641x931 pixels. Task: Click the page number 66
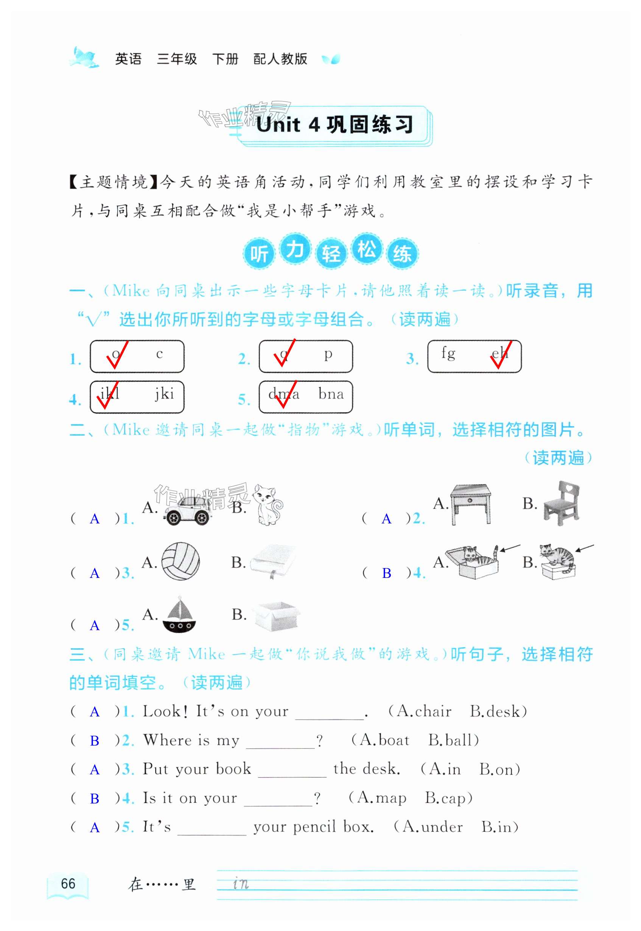(68, 883)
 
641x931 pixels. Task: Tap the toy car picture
(187, 511)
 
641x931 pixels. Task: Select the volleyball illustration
(180, 561)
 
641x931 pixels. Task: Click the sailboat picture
(179, 615)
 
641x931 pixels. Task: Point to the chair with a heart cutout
(562, 504)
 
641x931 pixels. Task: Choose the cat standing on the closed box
(558, 561)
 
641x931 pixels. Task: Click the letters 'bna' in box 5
(331, 394)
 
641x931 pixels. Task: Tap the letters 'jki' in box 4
(165, 394)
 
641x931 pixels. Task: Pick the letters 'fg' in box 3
(448, 353)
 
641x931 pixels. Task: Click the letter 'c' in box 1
(159, 354)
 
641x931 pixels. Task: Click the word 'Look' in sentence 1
(161, 711)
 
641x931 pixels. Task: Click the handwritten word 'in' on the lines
(241, 884)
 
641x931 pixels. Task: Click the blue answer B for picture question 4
(386, 573)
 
